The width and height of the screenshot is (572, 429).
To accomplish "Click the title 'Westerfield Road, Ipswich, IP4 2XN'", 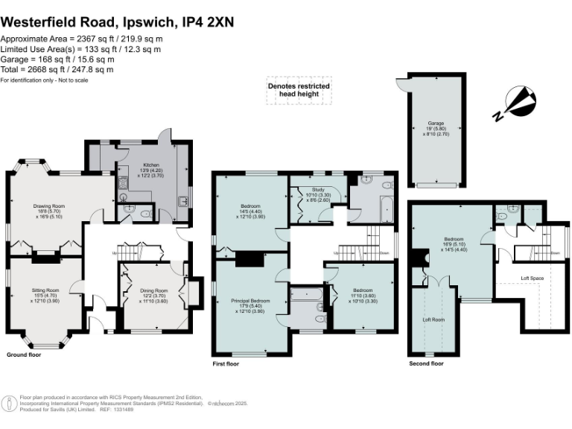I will pyautogui.click(x=118, y=22).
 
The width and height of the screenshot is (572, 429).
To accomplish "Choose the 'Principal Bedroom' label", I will pyautogui.click(x=250, y=300).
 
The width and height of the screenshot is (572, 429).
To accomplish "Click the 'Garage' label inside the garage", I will pyautogui.click(x=436, y=124).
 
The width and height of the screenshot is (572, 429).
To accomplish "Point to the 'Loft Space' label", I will pyautogui.click(x=532, y=278).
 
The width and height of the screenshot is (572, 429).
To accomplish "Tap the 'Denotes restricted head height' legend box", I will pyautogui.click(x=299, y=90).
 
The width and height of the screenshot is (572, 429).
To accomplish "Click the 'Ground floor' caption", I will pyautogui.click(x=25, y=355).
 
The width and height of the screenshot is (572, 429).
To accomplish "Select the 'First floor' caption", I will pyautogui.click(x=229, y=363).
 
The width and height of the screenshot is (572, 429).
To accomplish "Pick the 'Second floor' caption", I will pyautogui.click(x=426, y=363).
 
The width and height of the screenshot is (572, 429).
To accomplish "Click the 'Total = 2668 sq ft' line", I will pyautogui.click(x=57, y=69).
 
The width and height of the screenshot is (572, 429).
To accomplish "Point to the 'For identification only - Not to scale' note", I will pyautogui.click(x=45, y=80).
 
